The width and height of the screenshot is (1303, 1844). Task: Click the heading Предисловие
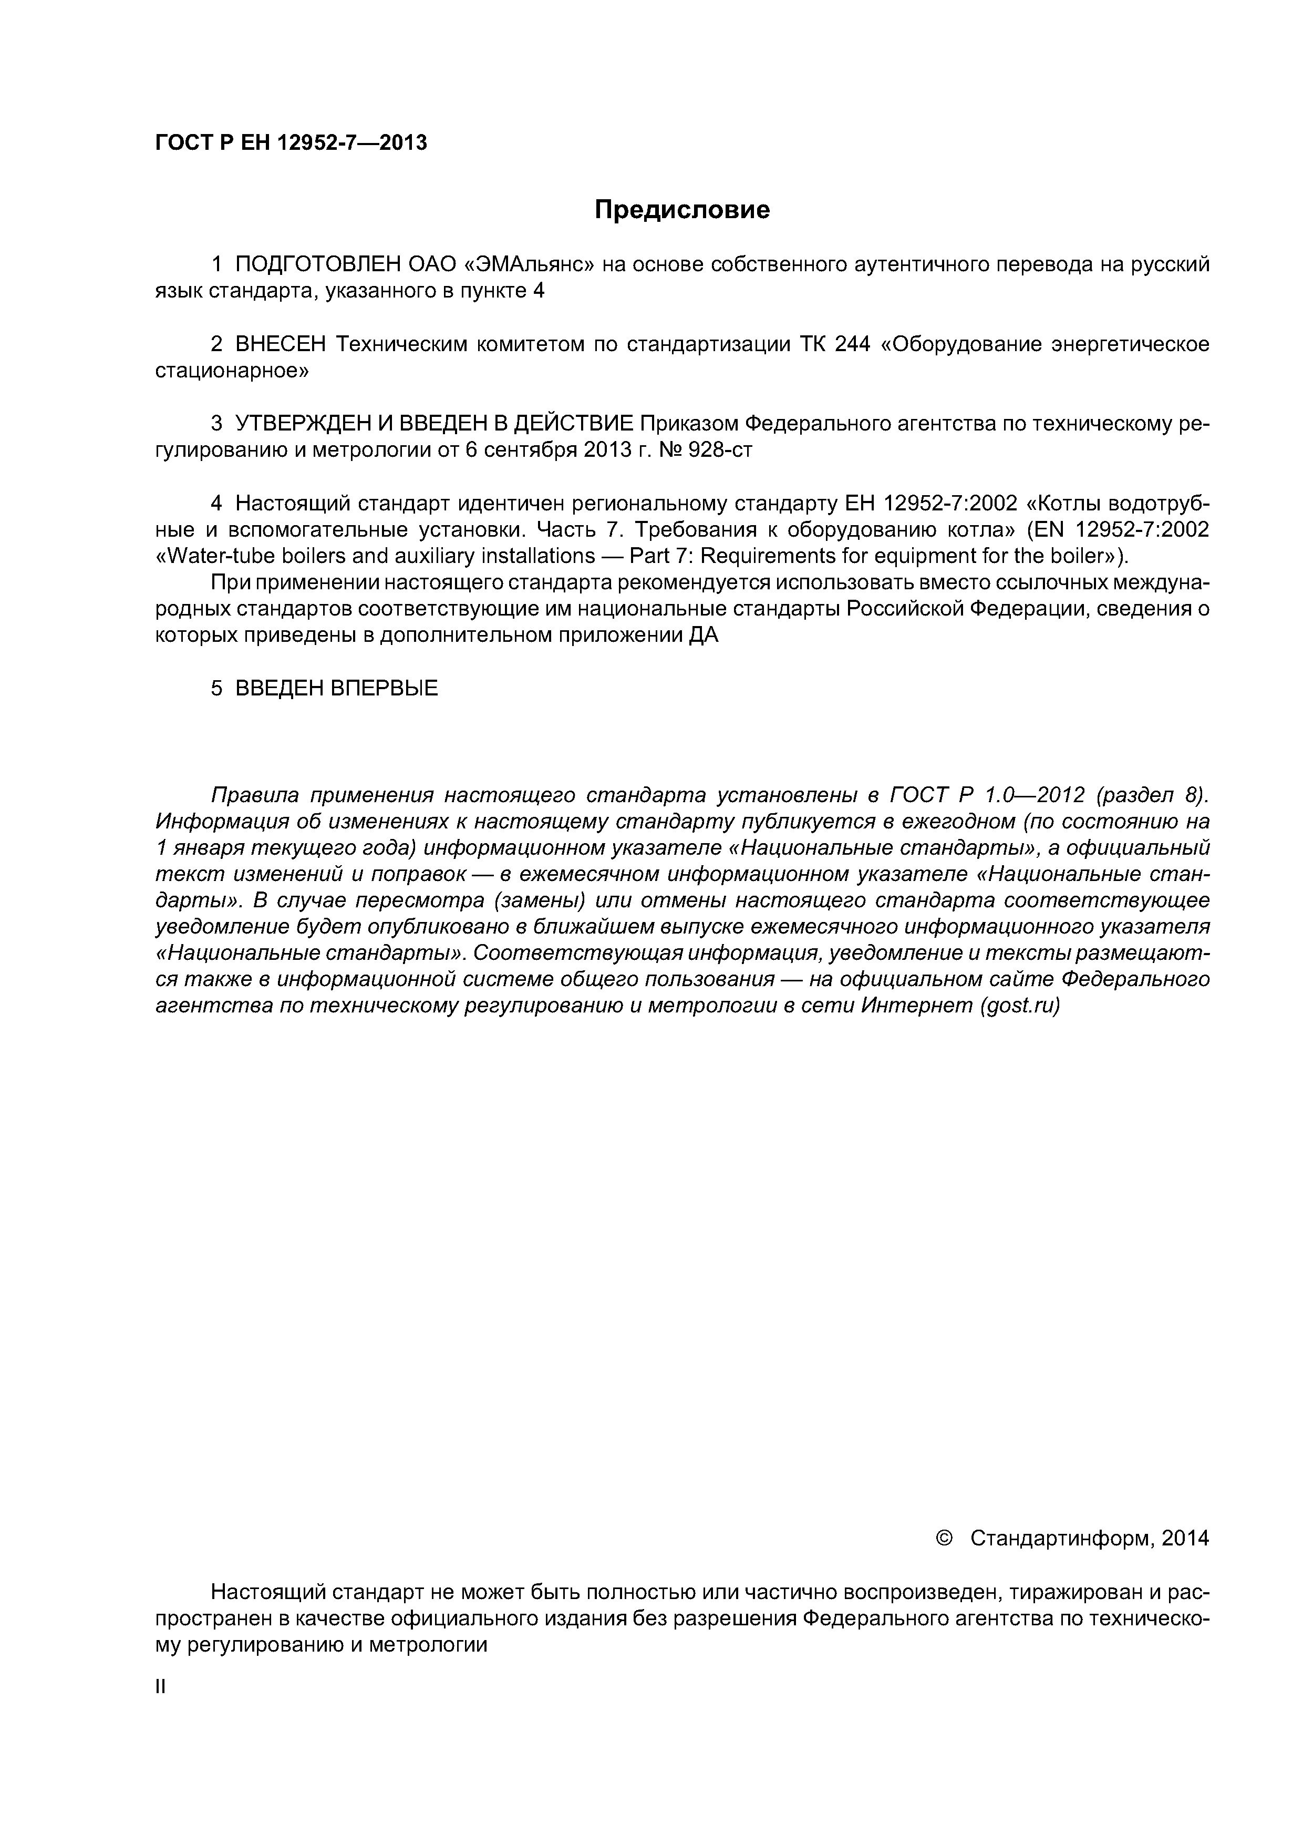point(681,210)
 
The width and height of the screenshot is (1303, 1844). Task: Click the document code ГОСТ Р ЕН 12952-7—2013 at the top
point(291,143)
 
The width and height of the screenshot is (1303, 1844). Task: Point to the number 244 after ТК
point(853,344)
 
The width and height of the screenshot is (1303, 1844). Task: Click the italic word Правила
point(254,795)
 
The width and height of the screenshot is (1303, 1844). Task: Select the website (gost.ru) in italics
point(1020,1006)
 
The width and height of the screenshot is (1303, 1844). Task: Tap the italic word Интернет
point(916,1006)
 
